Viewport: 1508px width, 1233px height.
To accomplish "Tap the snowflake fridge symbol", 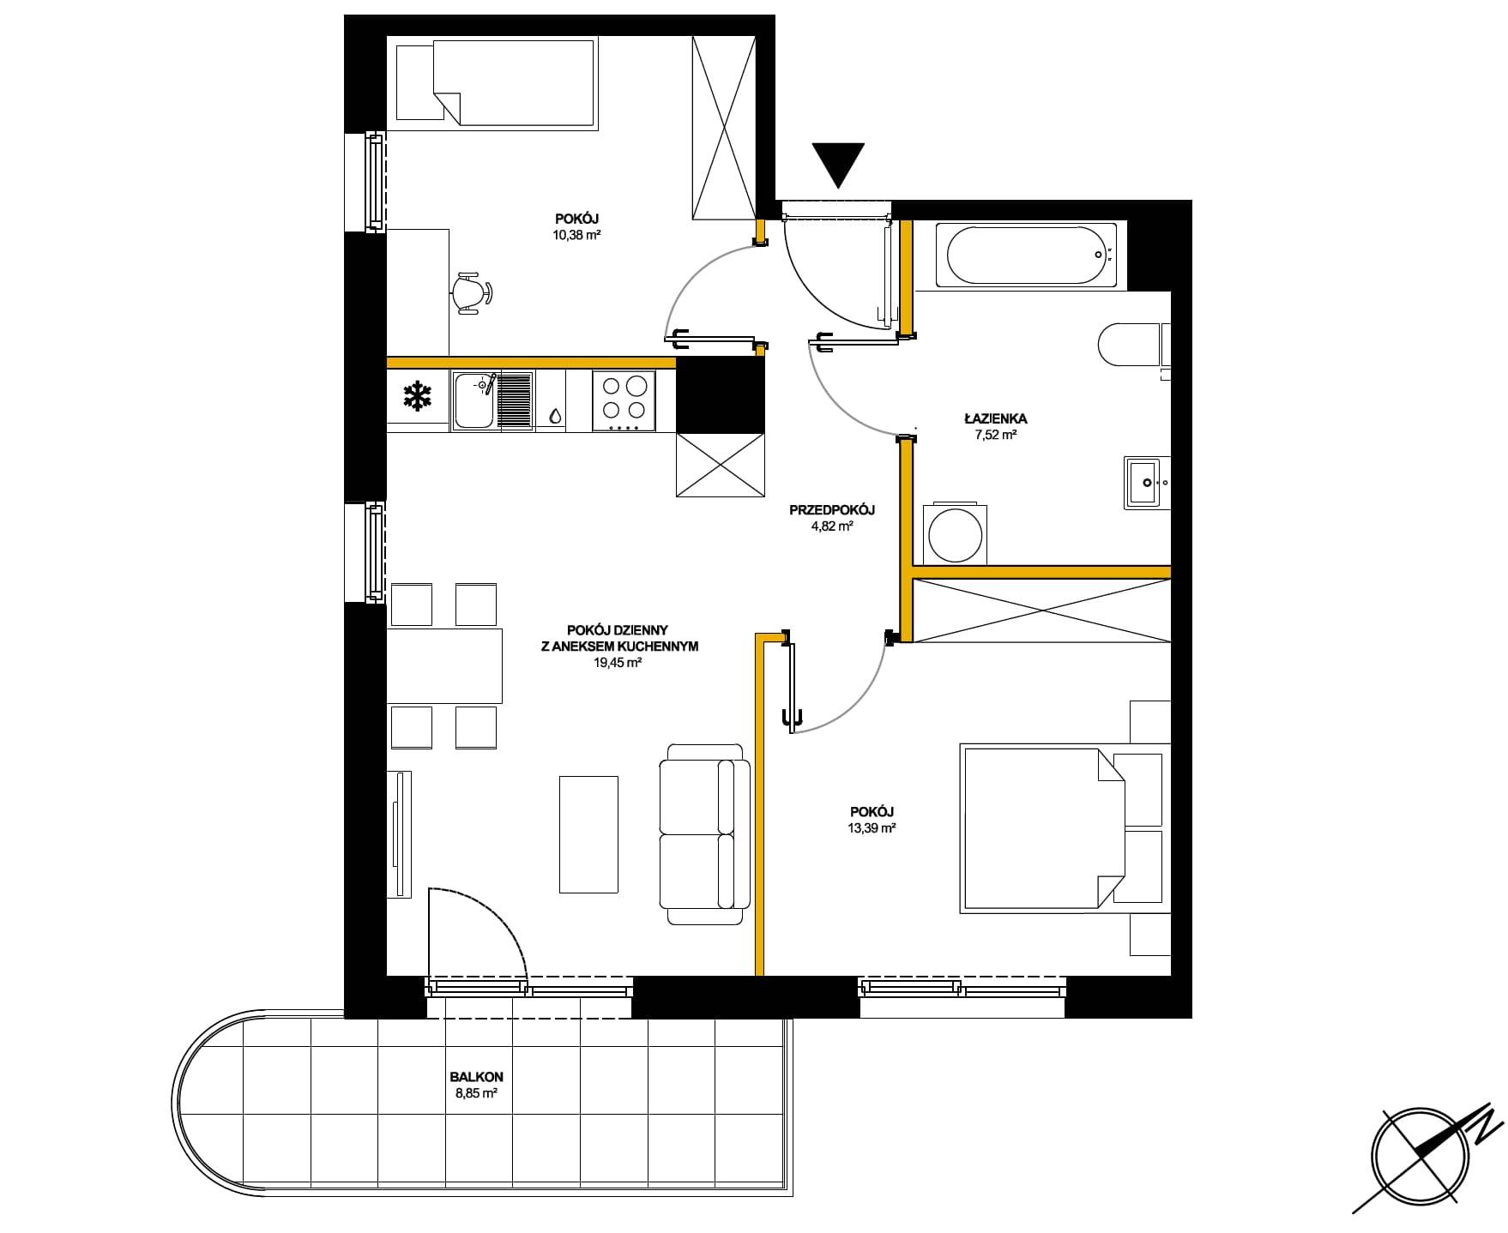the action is (418, 397).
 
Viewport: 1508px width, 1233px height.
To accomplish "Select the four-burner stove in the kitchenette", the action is (624, 400).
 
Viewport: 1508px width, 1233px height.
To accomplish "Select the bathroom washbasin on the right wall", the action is (1147, 483).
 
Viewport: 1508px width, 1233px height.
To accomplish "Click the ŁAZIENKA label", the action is (996, 419).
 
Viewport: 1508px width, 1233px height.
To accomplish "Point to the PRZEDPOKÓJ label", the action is (832, 510).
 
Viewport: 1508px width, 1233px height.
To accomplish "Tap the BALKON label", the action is (477, 1077).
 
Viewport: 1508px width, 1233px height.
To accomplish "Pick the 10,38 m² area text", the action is (576, 234).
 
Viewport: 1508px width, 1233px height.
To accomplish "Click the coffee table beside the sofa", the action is (588, 834).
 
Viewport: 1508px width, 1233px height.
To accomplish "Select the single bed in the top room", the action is (497, 85).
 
